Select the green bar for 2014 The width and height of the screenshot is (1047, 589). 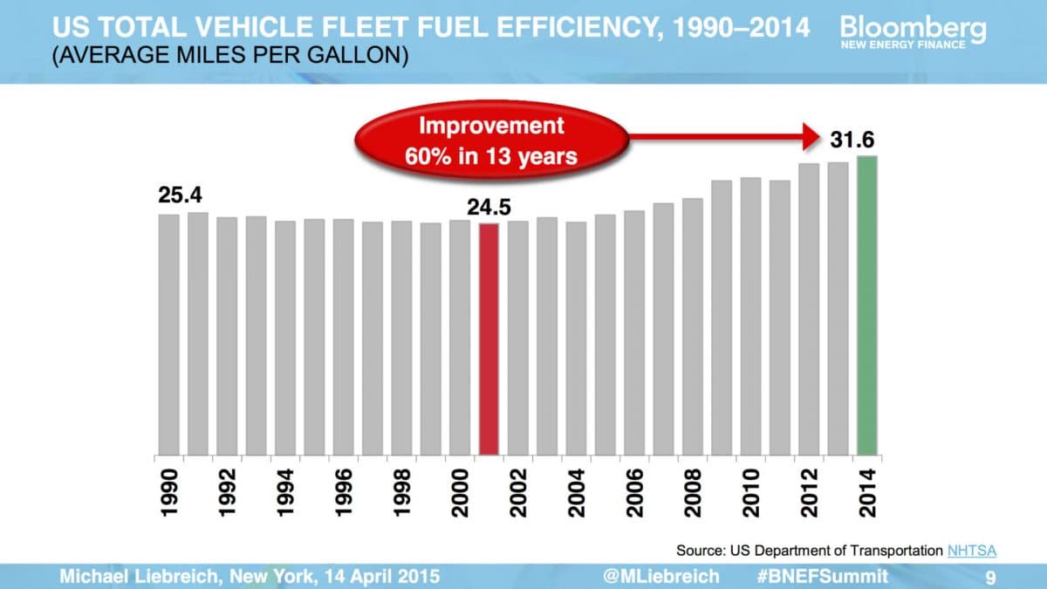point(867,305)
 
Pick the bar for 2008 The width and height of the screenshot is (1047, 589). point(693,326)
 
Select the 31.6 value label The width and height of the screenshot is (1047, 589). point(857,140)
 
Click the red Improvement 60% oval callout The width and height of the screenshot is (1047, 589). point(492,140)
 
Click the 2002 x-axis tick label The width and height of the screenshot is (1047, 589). point(518,492)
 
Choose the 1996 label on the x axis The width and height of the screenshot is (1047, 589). point(344,492)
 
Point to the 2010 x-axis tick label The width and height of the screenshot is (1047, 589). point(750,492)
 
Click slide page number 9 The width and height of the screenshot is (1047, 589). point(990,577)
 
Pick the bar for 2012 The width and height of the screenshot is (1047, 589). point(809,309)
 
